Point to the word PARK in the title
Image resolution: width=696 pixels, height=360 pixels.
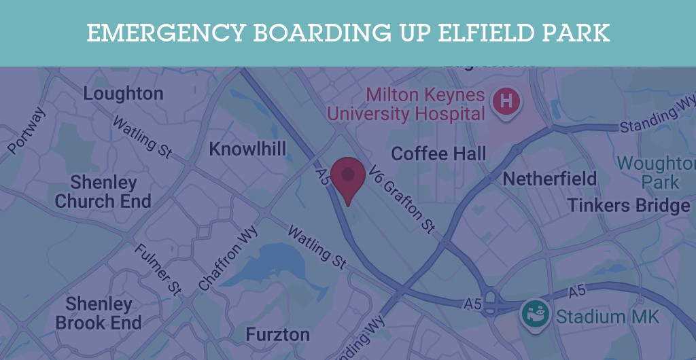576,33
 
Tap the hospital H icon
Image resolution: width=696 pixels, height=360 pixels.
506,102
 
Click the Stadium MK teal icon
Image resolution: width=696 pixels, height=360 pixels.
535,315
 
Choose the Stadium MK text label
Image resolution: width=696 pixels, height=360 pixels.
608,317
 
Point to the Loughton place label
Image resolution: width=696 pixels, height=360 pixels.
123,94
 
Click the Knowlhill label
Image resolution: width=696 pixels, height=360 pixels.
247,149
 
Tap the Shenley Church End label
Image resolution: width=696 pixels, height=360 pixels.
103,192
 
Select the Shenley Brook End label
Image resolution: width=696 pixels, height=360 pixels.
99,313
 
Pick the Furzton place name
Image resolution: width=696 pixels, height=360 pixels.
277,335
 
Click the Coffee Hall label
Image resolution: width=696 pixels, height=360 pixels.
438,154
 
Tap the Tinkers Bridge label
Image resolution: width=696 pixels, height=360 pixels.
629,205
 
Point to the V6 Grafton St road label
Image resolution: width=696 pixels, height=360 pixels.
402,201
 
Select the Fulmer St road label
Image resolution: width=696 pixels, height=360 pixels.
157,269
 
